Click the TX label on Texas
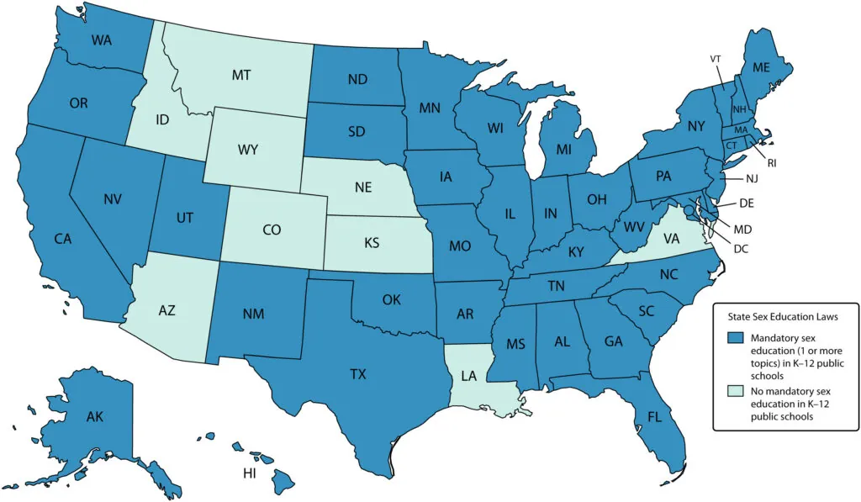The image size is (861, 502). (x=357, y=373)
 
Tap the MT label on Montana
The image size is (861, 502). (x=241, y=76)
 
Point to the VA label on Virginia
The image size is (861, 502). (x=671, y=239)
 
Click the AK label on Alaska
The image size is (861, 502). (x=94, y=415)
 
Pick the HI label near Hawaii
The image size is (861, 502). (x=250, y=473)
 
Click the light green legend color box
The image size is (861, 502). (x=734, y=388)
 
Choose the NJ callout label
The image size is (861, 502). (x=751, y=178)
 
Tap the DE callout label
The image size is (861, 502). (x=746, y=203)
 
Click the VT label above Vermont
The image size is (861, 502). (x=716, y=59)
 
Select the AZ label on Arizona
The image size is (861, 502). (x=167, y=311)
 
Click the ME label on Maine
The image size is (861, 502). (x=761, y=67)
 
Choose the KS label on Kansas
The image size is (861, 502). (x=371, y=243)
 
